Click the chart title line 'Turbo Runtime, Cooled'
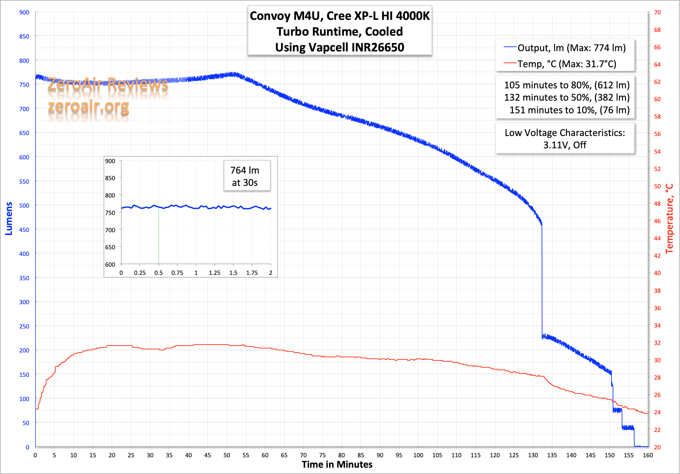click(340, 32)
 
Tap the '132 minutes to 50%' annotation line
click(567, 98)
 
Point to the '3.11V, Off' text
click(564, 145)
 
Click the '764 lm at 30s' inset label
click(245, 176)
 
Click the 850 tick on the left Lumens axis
click(24, 37)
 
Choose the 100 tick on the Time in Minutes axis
click(418, 455)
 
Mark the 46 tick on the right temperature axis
click(657, 221)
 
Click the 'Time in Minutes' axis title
click(337, 465)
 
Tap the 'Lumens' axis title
click(9, 219)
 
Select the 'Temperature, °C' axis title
click(670, 219)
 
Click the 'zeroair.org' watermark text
click(88, 107)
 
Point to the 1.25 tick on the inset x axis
click(214, 273)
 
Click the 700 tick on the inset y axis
click(110, 230)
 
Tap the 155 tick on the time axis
click(629, 455)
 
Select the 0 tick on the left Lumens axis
click(27, 447)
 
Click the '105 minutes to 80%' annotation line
click(567, 85)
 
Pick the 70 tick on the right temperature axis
click(657, 13)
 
